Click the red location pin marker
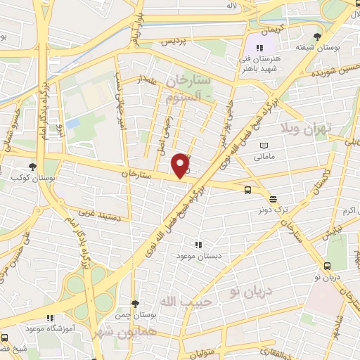[181, 165]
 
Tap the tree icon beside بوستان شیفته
[318, 37]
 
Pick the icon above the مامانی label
[264, 145]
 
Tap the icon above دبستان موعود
[199, 245]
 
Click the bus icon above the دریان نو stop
[327, 266]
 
